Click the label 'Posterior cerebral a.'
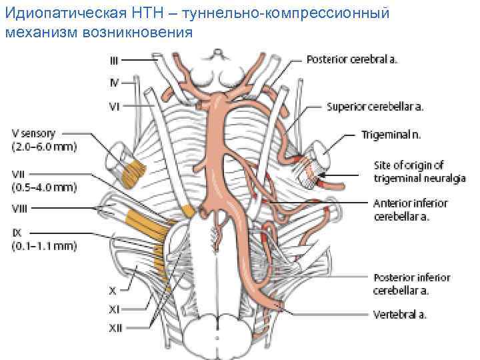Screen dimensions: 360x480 tap(352, 59)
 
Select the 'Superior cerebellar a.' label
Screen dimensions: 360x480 tap(375, 106)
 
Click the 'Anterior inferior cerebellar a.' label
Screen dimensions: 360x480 tap(410, 209)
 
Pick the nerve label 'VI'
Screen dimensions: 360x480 tap(115, 105)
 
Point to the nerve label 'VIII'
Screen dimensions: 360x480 tap(19, 208)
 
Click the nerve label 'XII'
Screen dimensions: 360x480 tap(116, 327)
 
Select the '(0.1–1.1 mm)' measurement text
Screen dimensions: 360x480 tap(44, 246)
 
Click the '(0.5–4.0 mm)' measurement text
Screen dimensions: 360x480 tap(44, 187)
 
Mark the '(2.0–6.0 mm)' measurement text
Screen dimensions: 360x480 tap(44, 146)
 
